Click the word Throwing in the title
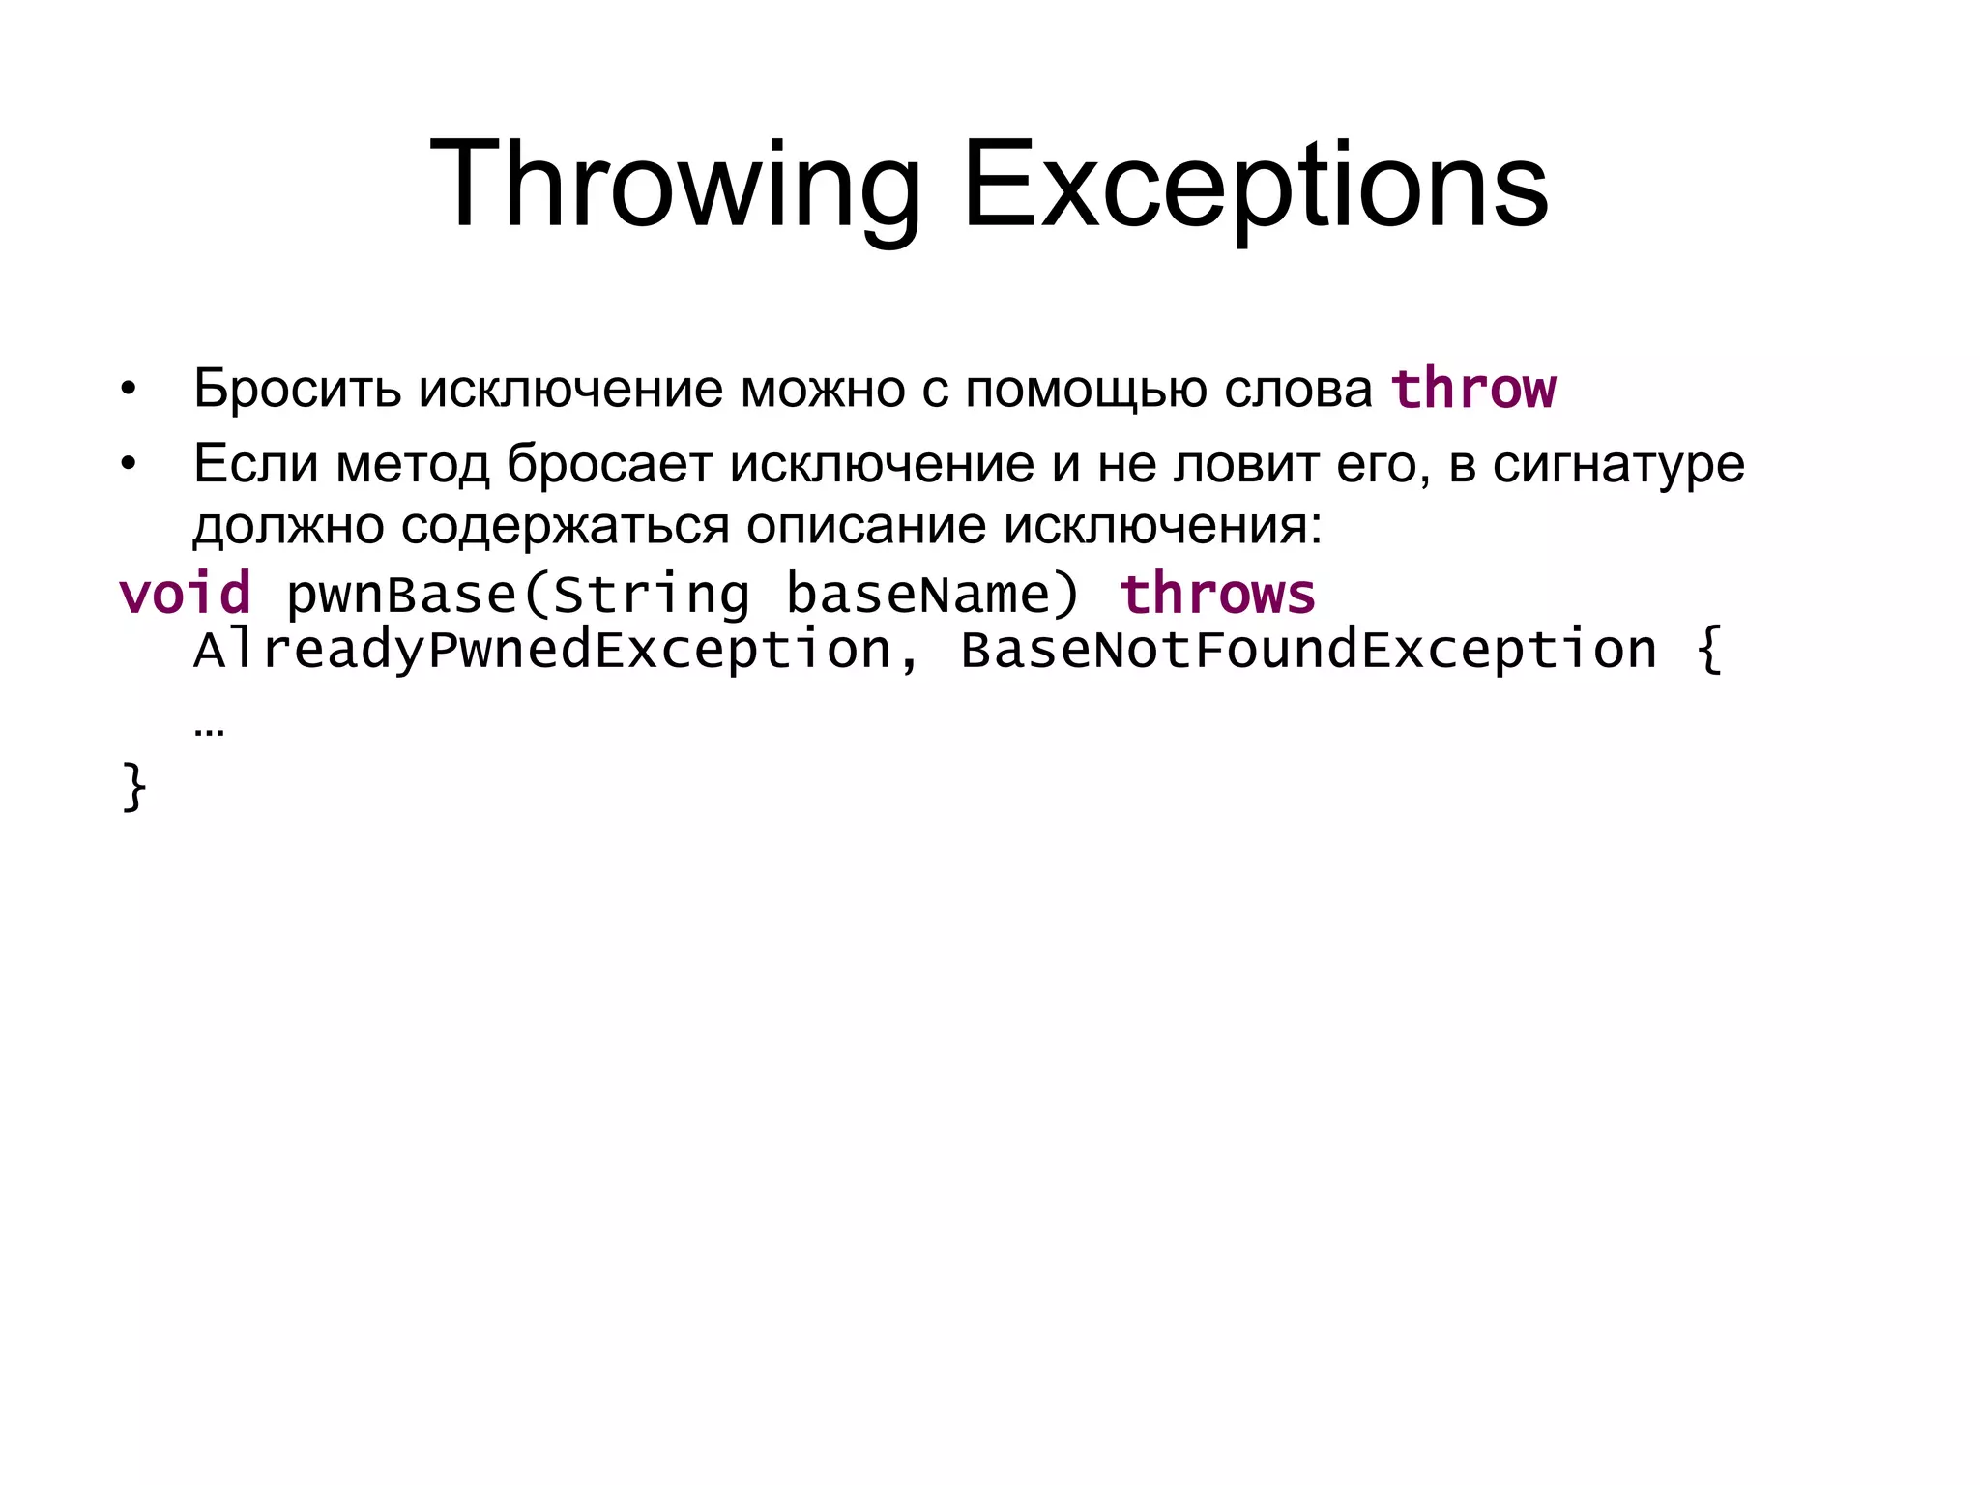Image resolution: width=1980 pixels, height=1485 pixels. pos(674,186)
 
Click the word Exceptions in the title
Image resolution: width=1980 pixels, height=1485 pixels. pos(1255,186)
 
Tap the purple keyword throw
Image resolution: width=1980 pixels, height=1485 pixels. pos(1472,389)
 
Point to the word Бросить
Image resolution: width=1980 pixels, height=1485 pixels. pos(297,389)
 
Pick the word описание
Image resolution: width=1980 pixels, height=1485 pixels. pos(865,527)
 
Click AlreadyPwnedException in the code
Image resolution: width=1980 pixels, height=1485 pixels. pos(541,650)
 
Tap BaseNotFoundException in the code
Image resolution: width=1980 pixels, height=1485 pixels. pos(1307,650)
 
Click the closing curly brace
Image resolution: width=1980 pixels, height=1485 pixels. pos(133,787)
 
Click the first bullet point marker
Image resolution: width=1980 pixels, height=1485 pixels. pos(128,391)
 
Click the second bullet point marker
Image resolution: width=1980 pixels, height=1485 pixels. pos(128,465)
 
